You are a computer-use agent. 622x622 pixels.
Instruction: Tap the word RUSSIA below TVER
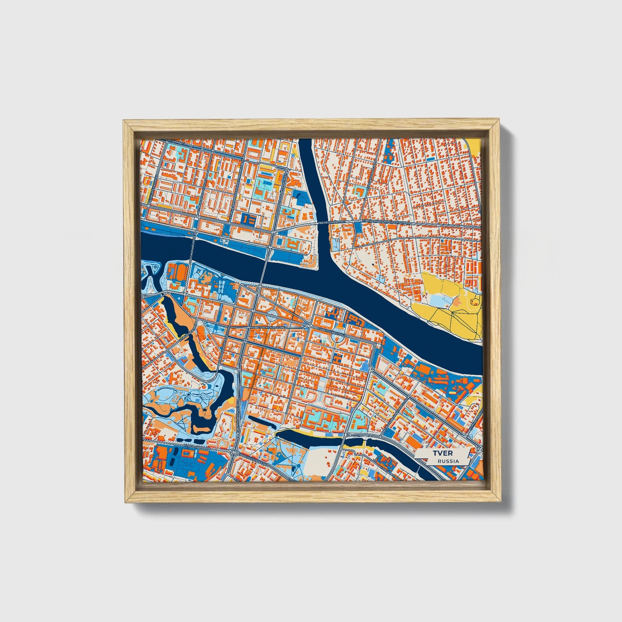coord(448,461)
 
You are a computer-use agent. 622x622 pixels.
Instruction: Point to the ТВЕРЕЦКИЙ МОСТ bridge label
coord(332,223)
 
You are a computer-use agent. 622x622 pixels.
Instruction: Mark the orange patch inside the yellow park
coord(455,303)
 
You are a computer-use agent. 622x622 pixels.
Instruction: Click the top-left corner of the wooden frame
coord(124,121)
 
